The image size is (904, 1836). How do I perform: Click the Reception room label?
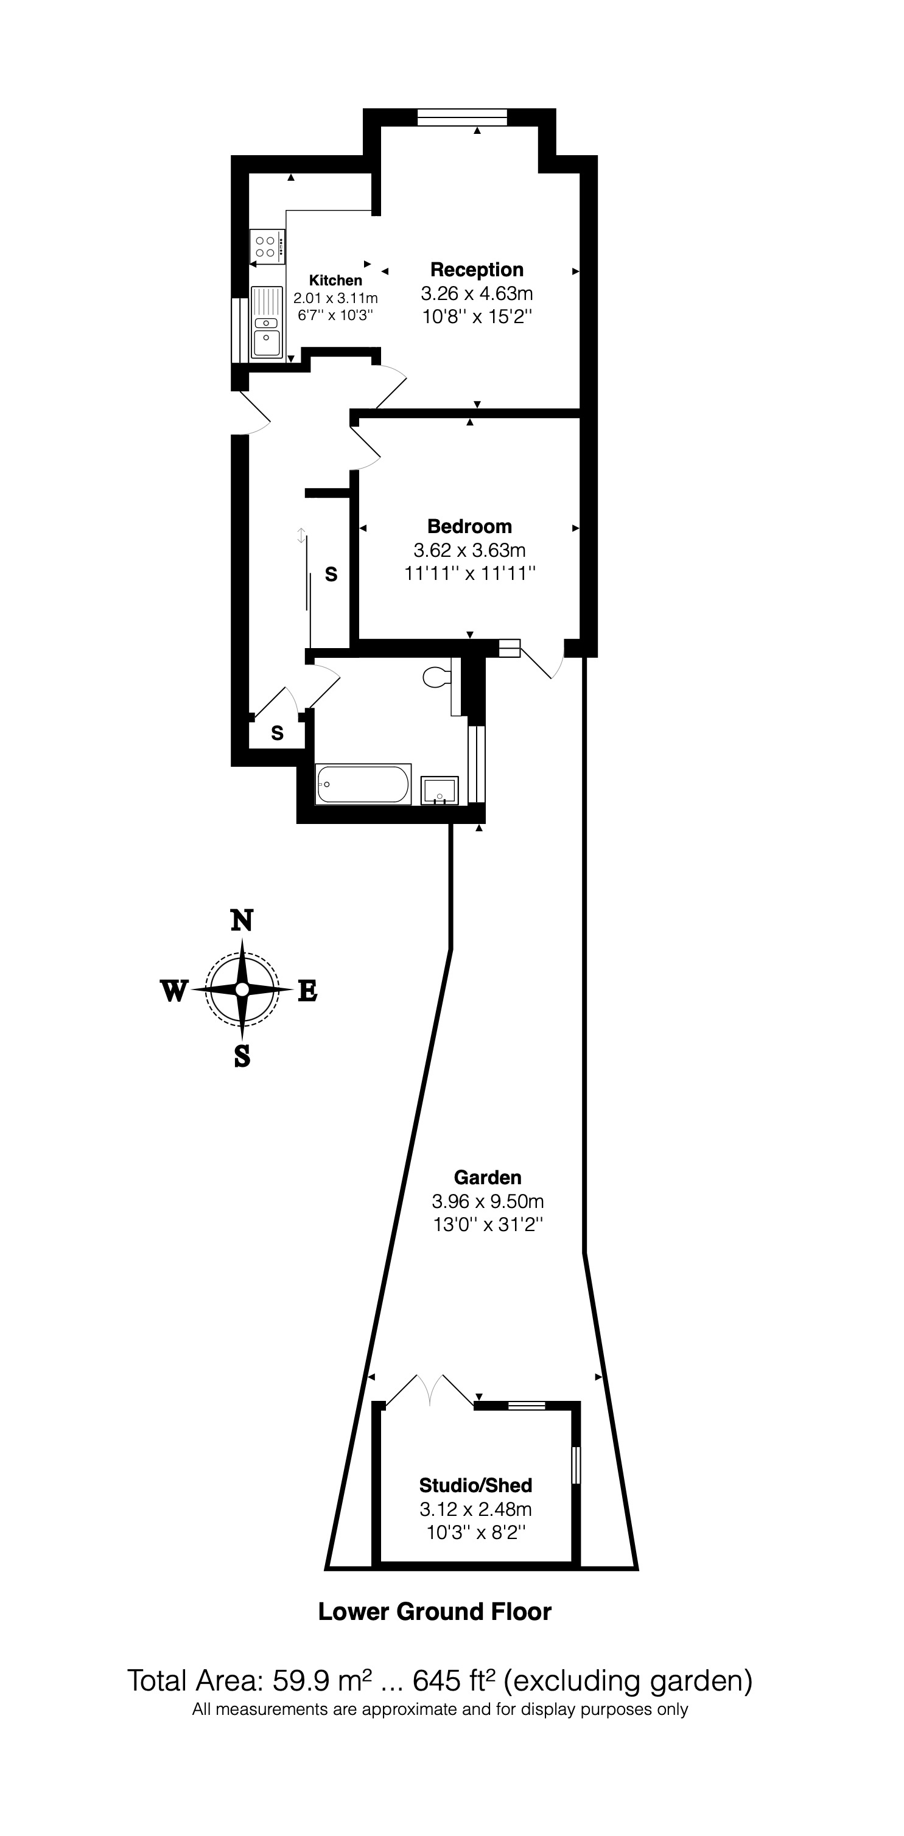pos(476,270)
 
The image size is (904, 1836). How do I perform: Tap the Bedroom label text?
pos(469,527)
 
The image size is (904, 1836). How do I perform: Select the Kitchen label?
pos(335,281)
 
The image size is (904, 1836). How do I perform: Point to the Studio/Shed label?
pos(475,1486)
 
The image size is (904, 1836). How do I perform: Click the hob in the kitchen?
pos(267,246)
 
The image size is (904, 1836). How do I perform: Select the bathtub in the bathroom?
pos(363,784)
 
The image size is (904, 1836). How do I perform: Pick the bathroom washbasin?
pos(439,790)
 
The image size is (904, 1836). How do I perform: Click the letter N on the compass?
pos(242,921)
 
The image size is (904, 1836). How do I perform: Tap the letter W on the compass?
pos(174,991)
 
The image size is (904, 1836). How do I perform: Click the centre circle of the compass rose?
pos(242,990)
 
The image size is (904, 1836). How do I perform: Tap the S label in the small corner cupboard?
pos(278,733)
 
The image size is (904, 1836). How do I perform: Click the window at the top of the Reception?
pos(462,117)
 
